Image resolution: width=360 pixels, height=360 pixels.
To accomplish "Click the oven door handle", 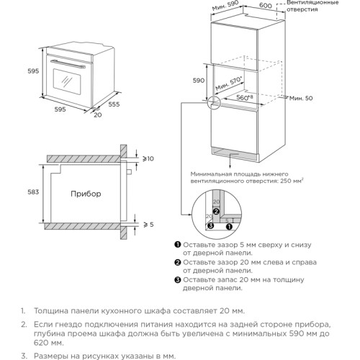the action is tap(68, 64).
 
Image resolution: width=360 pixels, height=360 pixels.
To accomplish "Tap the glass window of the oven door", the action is tap(67, 81).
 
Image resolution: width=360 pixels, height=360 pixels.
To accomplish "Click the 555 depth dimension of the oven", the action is tap(114, 104).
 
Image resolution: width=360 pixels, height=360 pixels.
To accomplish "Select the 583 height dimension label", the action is tap(33, 192).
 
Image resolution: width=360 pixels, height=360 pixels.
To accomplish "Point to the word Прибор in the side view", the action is tap(86, 194).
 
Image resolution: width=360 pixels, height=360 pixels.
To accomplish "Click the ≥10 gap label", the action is tap(148, 158).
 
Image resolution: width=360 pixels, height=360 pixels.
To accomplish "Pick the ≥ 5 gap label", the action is tap(148, 225).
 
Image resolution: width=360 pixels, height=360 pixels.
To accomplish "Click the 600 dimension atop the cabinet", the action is tap(266, 5).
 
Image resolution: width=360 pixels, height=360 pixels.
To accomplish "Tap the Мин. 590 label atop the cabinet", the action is tap(225, 6).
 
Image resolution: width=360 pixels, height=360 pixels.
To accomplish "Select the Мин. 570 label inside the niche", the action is tap(229, 84).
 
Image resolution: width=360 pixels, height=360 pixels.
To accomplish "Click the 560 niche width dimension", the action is tap(245, 97).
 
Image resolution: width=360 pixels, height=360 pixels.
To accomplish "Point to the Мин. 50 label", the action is tap(301, 98).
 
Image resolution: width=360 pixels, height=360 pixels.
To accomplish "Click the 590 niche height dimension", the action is tap(199, 81).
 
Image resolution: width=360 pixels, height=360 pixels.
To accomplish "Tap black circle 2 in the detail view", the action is tap(216, 212).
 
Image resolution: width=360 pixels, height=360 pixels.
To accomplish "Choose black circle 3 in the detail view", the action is tap(210, 225).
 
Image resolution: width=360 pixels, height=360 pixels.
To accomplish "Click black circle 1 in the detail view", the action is tap(230, 226).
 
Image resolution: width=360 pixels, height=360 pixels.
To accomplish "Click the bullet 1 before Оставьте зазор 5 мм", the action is tap(178, 245).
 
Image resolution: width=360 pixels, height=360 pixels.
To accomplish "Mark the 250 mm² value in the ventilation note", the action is tap(292, 181).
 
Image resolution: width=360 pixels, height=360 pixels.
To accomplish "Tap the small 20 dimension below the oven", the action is tap(98, 115).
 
